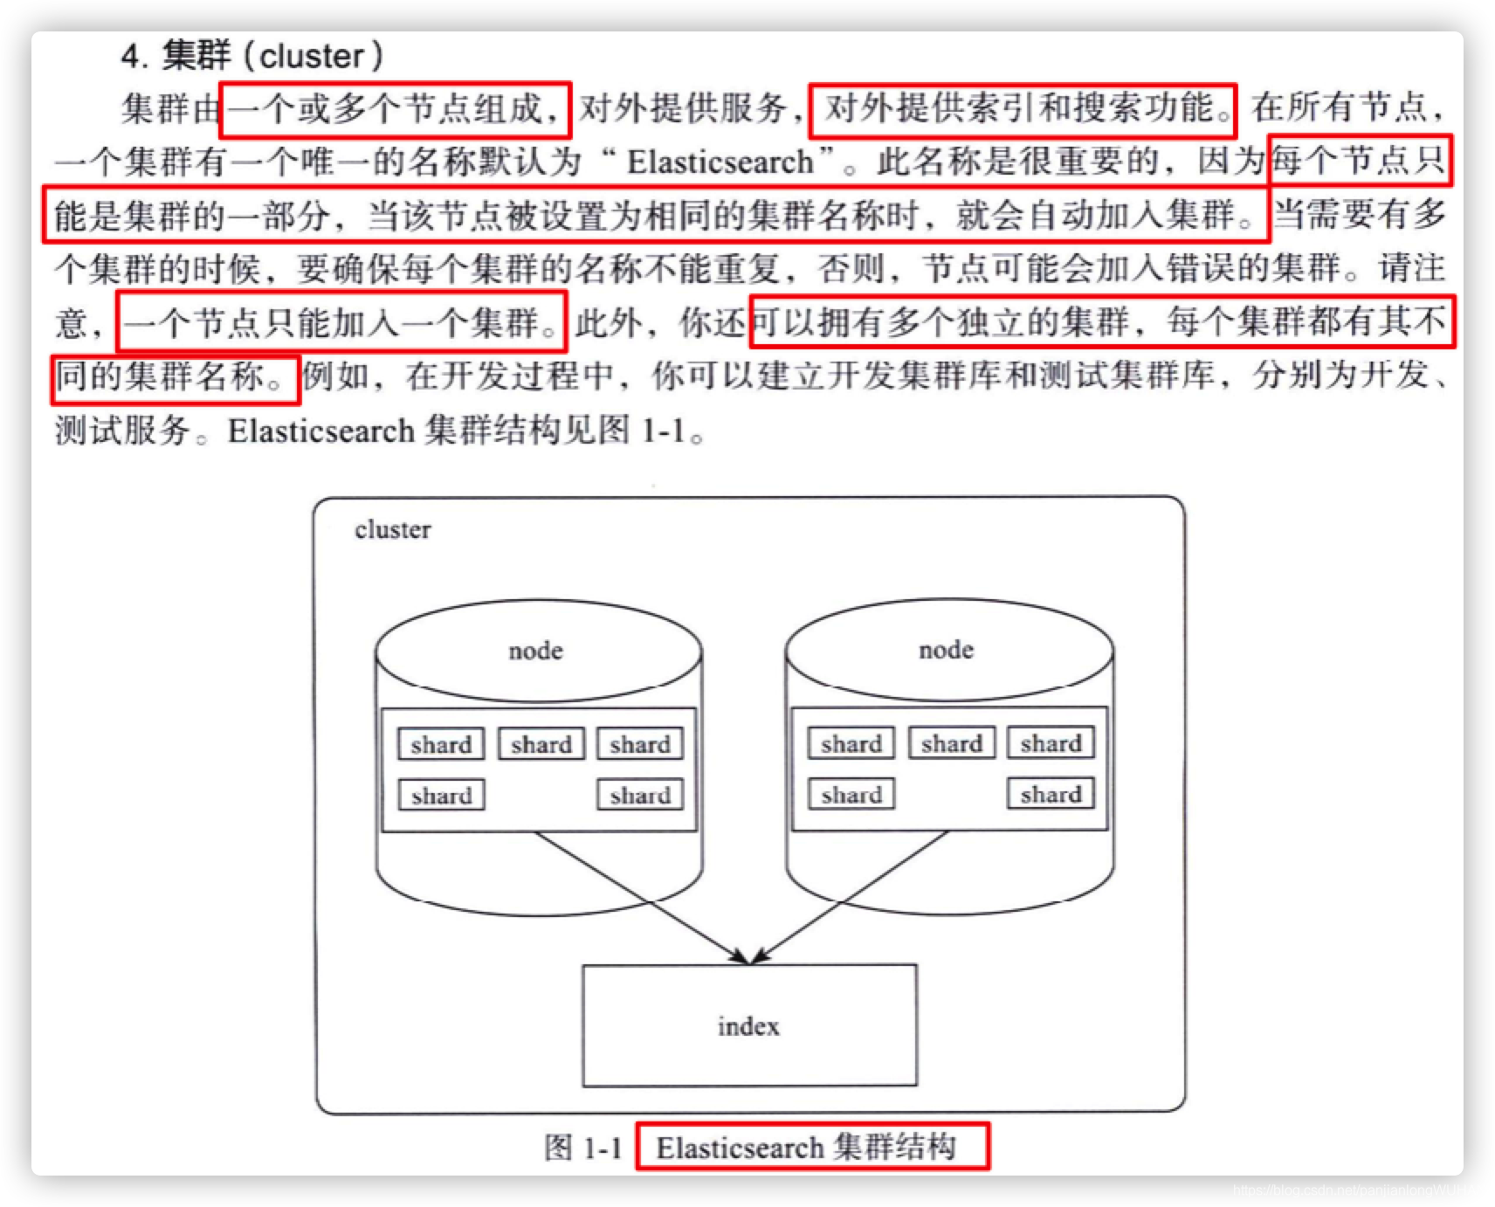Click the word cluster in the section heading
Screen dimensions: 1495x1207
click(312, 57)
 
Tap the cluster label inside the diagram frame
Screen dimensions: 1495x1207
click(392, 530)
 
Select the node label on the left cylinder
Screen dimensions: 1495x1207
click(535, 651)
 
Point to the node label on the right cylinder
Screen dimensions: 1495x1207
click(946, 650)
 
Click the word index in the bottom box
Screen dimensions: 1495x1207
click(748, 1026)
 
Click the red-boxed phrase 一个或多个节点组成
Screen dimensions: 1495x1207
click(395, 110)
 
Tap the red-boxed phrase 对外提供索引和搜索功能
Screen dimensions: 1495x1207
click(1022, 110)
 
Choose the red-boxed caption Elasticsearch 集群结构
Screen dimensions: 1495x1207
click(811, 1147)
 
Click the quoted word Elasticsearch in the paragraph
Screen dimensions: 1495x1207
click(720, 162)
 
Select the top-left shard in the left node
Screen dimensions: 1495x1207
click(441, 745)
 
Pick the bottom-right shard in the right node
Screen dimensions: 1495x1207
click(1051, 794)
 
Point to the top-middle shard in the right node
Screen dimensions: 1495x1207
click(951, 743)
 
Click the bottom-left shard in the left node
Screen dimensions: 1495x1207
click(441, 796)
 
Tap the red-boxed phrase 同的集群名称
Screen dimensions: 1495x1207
click(175, 378)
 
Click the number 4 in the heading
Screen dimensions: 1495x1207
click(131, 57)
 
